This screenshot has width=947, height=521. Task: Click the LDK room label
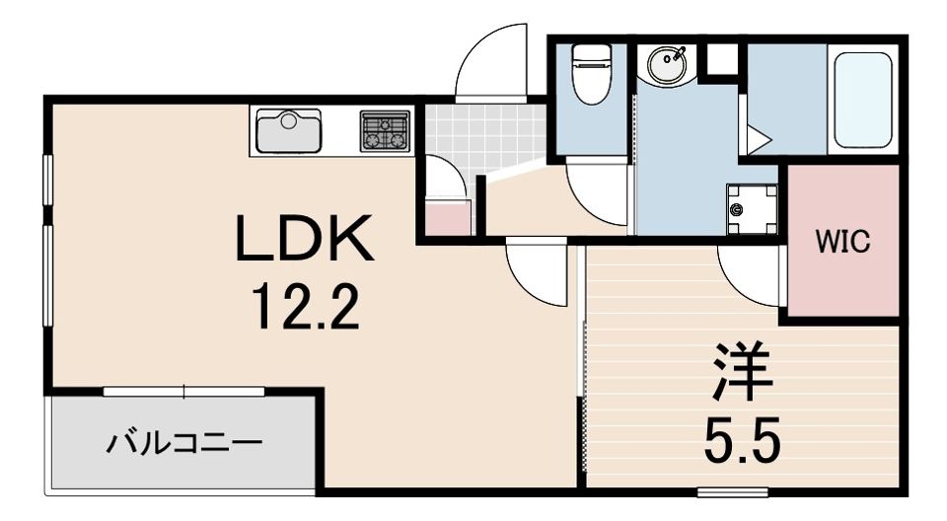coord(304,238)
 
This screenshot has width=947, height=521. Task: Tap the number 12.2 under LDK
coord(306,307)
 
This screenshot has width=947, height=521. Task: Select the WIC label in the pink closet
coord(843,242)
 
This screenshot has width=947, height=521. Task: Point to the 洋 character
coord(742,372)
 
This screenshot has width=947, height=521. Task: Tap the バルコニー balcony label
coord(184,444)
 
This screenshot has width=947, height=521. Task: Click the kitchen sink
coord(289,130)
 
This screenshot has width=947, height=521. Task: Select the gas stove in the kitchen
coord(385,130)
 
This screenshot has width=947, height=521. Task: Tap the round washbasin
coord(667,63)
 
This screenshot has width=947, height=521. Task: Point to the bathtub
coord(863,101)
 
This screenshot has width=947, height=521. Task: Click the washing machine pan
coord(752,209)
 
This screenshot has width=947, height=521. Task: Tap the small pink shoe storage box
coord(448,218)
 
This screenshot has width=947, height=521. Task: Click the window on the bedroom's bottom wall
coord(733,491)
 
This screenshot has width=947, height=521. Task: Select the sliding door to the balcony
coord(184,392)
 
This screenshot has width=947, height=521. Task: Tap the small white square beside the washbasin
coord(721,58)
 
